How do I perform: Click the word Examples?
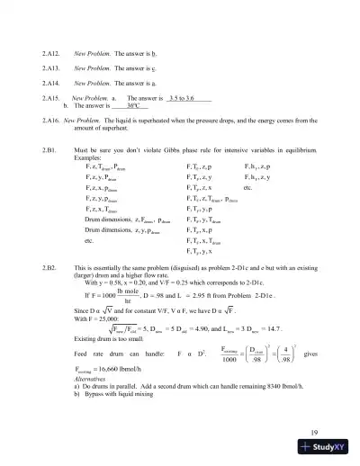click(90, 157)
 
